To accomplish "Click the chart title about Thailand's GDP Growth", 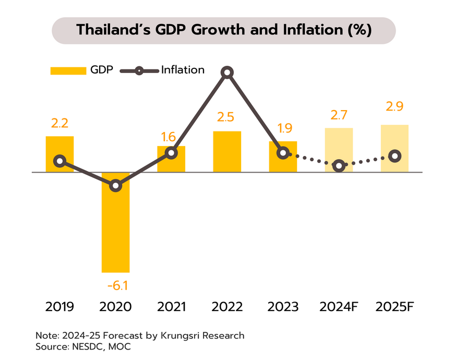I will click(x=224, y=30).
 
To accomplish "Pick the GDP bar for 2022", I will click(x=227, y=151).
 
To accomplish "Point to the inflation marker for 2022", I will click(x=227, y=73).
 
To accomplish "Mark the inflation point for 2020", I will click(x=115, y=185).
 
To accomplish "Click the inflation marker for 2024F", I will click(x=339, y=165).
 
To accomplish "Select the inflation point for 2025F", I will click(x=395, y=155).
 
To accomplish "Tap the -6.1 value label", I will click(x=115, y=285).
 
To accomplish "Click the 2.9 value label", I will click(x=395, y=107).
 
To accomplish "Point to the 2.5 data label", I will click(x=227, y=117).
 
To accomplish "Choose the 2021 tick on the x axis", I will click(x=171, y=307).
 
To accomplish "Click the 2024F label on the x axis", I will click(x=339, y=307).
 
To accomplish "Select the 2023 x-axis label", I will click(x=283, y=307).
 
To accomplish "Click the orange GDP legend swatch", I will click(x=68, y=70).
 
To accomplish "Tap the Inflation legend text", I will click(x=183, y=70).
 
